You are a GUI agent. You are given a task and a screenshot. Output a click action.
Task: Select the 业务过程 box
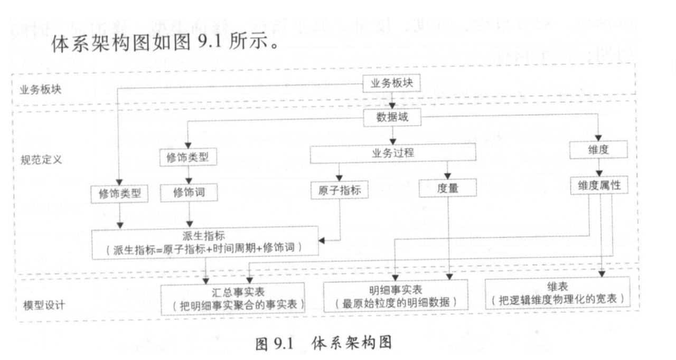coord(392,153)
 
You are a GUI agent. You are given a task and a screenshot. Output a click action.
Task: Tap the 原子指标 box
coord(340,190)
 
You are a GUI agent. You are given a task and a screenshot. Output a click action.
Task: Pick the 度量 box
coord(447,188)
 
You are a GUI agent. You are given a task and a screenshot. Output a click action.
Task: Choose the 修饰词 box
coord(189,193)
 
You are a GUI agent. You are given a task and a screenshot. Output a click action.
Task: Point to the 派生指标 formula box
coord(205,242)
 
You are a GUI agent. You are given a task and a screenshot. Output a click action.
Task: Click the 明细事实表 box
coord(396,296)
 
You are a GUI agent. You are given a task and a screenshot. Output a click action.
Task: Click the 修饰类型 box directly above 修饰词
coord(189,157)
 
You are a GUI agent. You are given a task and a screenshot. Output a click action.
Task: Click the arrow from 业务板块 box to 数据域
coord(392,101)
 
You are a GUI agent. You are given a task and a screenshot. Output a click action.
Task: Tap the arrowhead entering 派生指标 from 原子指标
coord(322,241)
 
